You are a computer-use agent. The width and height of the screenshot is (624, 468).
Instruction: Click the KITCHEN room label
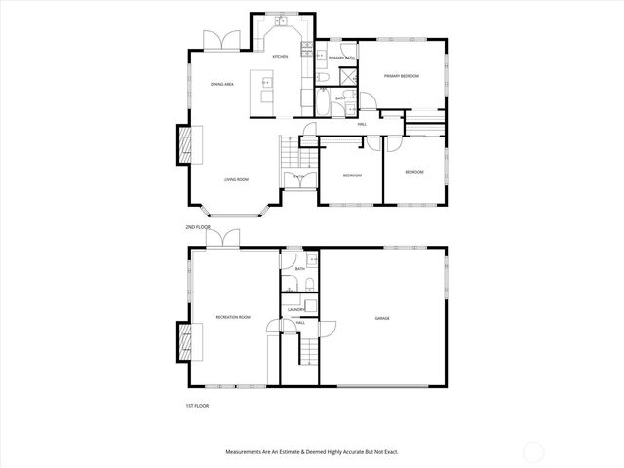(280, 57)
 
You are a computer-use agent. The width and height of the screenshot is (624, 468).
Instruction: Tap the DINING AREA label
(222, 85)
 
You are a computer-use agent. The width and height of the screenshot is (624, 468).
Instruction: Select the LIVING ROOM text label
(236, 179)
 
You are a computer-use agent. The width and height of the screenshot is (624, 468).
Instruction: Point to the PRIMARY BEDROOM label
(401, 76)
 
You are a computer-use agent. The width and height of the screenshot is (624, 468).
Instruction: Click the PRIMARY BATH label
(341, 58)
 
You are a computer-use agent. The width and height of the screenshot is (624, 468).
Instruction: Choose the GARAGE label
(382, 319)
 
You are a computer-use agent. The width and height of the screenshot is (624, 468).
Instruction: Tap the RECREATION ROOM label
(233, 318)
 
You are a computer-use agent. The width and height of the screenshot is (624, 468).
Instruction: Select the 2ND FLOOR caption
(198, 227)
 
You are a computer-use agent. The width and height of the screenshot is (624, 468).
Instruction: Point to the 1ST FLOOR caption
(197, 405)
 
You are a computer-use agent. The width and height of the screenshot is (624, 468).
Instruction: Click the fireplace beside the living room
(183, 145)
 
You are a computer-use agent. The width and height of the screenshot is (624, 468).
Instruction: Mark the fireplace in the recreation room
(183, 342)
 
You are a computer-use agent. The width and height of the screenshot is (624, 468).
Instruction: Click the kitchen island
(264, 90)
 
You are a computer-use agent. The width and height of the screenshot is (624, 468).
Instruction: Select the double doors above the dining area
(216, 40)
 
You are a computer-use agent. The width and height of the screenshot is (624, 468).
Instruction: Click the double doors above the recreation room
(228, 239)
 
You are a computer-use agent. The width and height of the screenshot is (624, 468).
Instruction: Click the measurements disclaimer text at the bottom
(312, 452)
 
